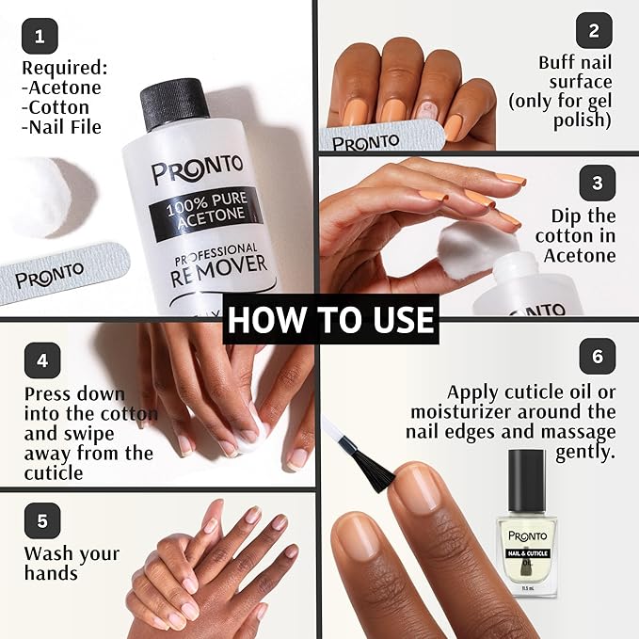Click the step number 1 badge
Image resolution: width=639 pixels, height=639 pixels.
pos(40,37)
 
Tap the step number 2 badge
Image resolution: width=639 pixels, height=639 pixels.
pos(594,30)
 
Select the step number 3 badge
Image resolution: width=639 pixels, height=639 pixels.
pos(598,183)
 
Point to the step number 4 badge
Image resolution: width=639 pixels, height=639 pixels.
pos(42,360)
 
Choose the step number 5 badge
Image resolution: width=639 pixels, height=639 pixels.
pos(42,520)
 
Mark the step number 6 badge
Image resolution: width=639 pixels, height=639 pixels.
pos(598,356)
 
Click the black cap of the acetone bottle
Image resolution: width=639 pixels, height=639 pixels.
pos(173,104)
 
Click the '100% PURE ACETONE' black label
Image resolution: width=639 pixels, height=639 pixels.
pos(206,210)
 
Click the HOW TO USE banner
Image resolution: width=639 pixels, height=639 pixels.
pos(330,319)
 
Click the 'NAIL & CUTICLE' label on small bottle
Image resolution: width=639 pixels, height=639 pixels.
pos(527,553)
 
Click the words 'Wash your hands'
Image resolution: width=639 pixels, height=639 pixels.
pos(72,563)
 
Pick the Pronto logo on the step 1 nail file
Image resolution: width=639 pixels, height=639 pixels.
pos(50,275)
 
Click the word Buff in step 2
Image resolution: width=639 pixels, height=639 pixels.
pos(557,63)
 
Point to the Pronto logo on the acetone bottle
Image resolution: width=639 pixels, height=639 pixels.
pos(198,169)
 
